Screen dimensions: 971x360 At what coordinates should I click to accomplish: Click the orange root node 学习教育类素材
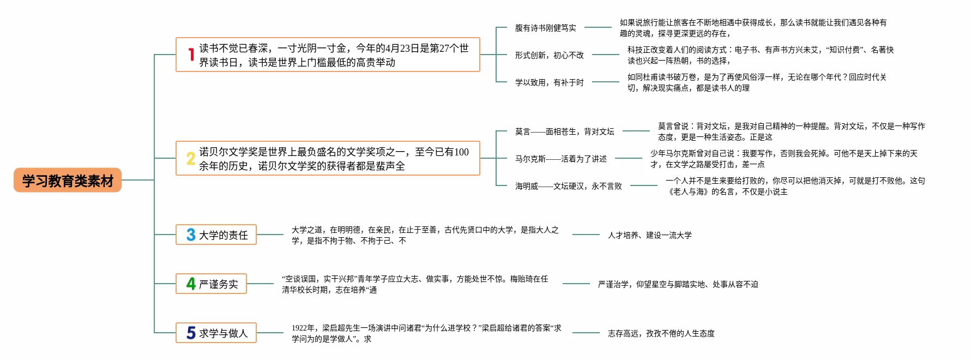68,180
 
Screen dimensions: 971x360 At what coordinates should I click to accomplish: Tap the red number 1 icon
191,55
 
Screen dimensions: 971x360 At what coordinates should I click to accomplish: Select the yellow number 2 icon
191,158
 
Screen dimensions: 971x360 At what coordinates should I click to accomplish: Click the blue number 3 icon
191,235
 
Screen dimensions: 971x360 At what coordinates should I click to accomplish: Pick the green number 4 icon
191,284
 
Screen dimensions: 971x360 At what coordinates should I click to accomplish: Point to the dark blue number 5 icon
191,333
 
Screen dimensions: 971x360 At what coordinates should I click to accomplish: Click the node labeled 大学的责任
216,235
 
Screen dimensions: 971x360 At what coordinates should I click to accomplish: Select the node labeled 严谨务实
211,284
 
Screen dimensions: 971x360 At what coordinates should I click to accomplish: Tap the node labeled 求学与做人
216,333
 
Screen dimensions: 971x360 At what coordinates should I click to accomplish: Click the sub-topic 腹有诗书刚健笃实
546,28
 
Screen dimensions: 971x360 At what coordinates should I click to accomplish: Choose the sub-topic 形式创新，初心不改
550,55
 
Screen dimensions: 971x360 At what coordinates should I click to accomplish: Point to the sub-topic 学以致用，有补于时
550,82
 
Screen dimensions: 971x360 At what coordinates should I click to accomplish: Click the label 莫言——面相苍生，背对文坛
565,131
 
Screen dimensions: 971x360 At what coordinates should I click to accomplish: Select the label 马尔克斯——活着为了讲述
561,159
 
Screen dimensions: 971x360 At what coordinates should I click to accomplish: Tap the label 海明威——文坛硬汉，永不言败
569,186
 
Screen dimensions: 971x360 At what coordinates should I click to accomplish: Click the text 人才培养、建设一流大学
650,235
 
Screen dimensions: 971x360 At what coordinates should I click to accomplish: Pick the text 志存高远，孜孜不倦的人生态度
661,333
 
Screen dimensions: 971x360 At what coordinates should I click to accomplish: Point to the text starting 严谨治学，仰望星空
678,284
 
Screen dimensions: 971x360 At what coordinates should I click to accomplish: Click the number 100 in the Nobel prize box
461,152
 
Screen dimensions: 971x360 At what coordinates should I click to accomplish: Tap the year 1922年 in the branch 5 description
303,328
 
